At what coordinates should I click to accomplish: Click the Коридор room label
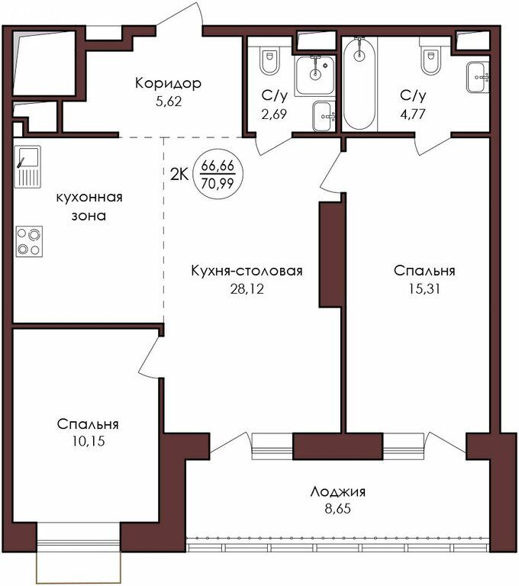coord(168,83)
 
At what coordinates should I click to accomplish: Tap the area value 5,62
coord(169,101)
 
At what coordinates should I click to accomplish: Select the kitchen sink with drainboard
coord(27,166)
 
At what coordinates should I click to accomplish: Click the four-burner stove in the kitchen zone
coord(29,241)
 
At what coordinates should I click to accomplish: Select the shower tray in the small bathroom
coord(315,75)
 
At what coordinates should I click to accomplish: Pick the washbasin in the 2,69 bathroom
coord(324,116)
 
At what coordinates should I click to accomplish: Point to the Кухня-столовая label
coord(247,271)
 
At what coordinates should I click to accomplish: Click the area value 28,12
coord(247,289)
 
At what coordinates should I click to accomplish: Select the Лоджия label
coord(337,491)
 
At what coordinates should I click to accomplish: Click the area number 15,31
coord(424,289)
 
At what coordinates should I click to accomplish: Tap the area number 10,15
coord(89,441)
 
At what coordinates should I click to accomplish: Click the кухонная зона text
coord(89,206)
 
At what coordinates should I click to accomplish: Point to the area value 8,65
coord(337,509)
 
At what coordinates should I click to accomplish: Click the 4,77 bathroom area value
coord(413,114)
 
